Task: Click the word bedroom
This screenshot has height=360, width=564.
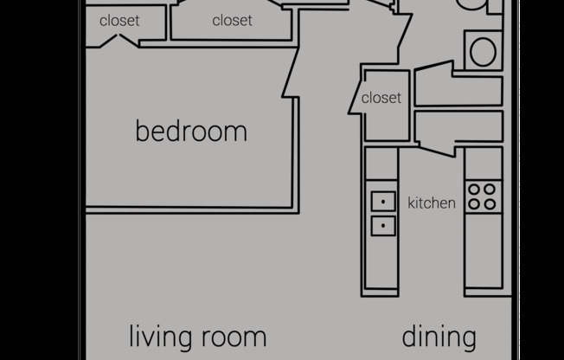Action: tap(191, 131)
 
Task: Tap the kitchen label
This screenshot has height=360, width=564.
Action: tap(432, 203)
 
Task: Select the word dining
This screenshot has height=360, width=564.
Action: tap(439, 337)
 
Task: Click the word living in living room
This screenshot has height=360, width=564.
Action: tap(161, 337)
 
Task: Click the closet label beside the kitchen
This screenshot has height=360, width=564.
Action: tap(381, 98)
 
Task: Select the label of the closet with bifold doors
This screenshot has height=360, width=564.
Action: tap(119, 21)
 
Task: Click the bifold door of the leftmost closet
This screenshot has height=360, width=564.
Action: tap(119, 41)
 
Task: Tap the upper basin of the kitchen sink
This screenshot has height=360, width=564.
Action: tap(383, 202)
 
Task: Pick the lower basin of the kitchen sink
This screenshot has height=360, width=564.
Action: tap(383, 226)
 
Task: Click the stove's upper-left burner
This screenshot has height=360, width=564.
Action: tap(474, 190)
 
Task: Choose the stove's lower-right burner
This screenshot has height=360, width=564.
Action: tap(490, 204)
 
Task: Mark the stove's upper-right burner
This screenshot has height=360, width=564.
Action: tap(490, 190)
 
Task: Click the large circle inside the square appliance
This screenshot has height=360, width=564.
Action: tap(483, 51)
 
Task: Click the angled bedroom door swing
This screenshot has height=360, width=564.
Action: tap(291, 72)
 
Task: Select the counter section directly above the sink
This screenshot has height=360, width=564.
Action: tap(381, 164)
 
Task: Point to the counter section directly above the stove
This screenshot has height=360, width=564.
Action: tap(484, 164)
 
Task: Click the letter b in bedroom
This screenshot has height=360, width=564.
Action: tap(142, 131)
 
